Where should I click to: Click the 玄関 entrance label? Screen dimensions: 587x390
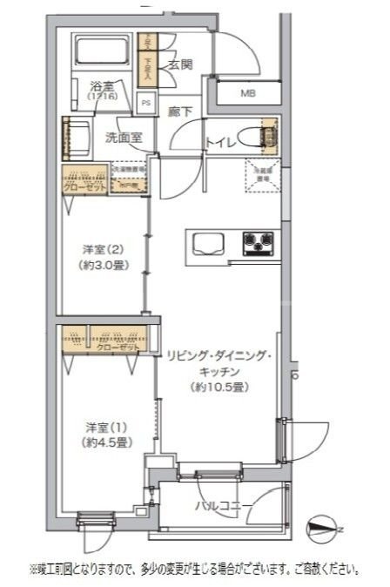[x=180, y=66]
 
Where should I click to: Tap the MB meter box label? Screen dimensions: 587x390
[x=248, y=93]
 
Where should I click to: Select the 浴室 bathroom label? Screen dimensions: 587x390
[x=102, y=86]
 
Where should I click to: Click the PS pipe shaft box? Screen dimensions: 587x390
[x=146, y=103]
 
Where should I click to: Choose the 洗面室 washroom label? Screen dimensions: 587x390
[x=124, y=137]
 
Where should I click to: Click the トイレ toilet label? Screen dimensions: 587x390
[x=219, y=144]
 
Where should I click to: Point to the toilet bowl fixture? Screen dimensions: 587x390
[x=258, y=136]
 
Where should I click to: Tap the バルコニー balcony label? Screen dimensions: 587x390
[x=224, y=506]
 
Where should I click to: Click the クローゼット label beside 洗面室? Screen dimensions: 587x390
[x=84, y=185]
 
